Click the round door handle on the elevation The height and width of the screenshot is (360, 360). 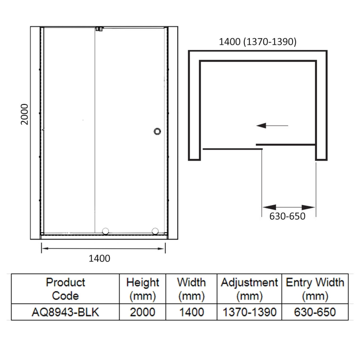(x=157, y=131)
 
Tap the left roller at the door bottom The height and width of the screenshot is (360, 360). (x=105, y=231)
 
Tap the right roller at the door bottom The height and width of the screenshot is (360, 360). (x=155, y=231)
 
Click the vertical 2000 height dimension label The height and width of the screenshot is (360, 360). (x=24, y=114)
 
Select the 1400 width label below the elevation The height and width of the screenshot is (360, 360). (x=99, y=258)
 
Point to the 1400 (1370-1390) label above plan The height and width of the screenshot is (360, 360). (x=257, y=42)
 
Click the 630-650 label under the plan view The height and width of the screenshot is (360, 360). (x=287, y=216)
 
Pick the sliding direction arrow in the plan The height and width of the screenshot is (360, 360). (x=272, y=126)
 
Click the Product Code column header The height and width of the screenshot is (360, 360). (x=65, y=289)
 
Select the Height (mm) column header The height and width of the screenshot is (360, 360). (x=143, y=289)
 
